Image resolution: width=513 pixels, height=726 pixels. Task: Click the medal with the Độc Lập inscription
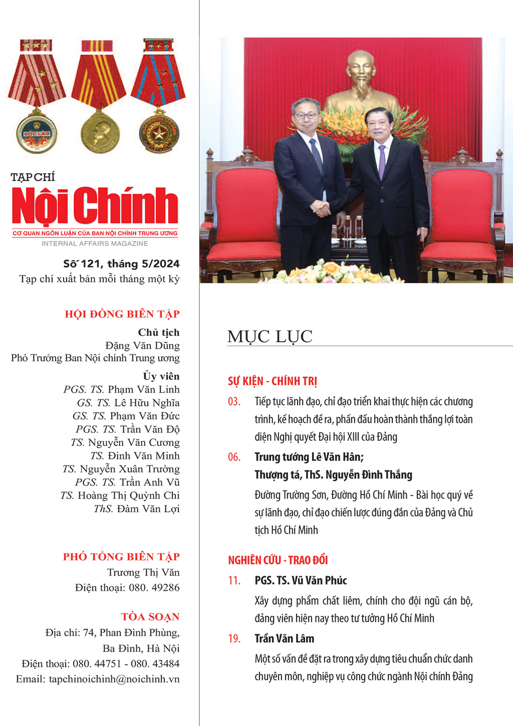tap(37, 133)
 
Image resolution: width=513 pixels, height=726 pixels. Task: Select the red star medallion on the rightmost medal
tap(159, 133)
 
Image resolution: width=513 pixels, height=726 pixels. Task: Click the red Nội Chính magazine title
tap(95, 205)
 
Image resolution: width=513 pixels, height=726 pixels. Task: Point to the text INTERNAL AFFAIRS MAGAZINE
tap(95, 244)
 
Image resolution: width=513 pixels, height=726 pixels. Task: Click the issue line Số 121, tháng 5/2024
tap(121, 264)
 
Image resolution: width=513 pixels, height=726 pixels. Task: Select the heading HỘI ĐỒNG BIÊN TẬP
tap(122, 314)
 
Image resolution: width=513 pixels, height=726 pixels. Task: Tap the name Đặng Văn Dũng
tap(142, 345)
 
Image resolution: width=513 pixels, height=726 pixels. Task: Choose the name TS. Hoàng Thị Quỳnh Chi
tap(120, 496)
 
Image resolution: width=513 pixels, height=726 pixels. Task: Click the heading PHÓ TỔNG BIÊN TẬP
tap(121, 557)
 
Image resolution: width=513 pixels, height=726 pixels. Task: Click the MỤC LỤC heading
tap(270, 337)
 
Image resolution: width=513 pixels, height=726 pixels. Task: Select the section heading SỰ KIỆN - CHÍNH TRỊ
tap(273, 381)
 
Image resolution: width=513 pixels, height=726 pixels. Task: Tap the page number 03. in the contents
tap(234, 402)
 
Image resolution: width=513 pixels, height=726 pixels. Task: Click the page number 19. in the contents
tap(234, 639)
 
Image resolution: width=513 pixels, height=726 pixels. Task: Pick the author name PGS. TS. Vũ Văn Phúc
tap(301, 581)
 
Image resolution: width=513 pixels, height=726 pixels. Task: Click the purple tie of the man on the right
tap(382, 160)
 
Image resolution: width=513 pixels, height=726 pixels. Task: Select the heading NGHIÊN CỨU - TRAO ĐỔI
tap(278, 560)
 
